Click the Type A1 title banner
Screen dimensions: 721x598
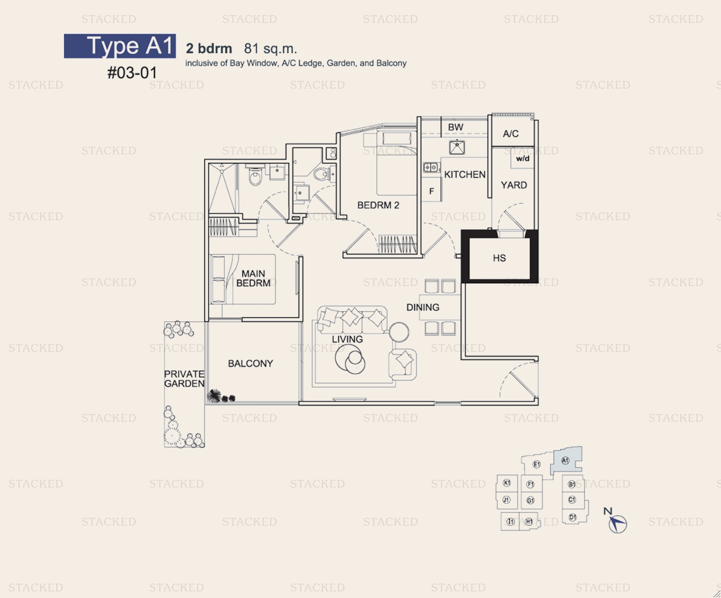pos(120,46)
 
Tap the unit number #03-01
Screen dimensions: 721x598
pos(132,73)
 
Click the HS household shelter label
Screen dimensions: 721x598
pos(499,258)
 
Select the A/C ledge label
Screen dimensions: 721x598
pos(511,134)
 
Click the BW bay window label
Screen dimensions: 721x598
pos(456,127)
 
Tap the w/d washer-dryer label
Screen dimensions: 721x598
pos(522,158)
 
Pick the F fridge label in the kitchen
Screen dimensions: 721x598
pos(432,191)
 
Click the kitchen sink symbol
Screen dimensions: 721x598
pos(457,147)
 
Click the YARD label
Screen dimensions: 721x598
pos(514,185)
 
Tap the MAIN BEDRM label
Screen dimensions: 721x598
pos(253,278)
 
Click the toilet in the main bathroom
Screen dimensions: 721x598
pos(255,176)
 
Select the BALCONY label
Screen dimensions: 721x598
pos(250,363)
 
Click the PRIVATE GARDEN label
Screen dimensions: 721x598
pos(184,379)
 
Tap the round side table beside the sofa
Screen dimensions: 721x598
pos(399,332)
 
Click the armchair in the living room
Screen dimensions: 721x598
pos(403,364)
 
